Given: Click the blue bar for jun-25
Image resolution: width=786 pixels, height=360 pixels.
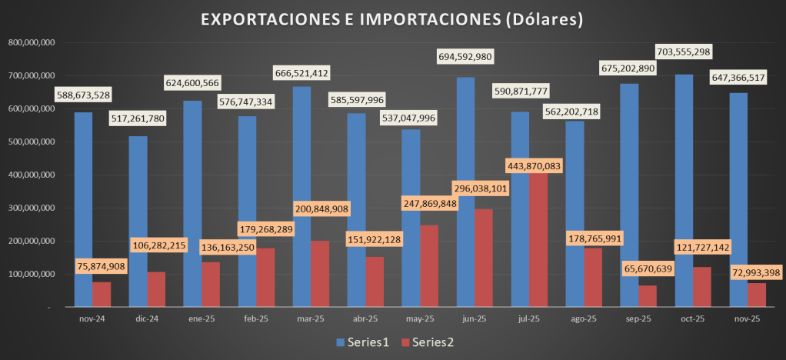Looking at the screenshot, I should [x=465, y=192].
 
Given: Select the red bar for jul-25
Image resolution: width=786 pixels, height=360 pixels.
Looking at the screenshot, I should [x=538, y=246].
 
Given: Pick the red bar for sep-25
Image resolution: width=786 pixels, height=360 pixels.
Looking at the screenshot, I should [x=648, y=297].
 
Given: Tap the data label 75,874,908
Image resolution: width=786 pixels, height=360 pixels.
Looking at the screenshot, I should [x=91, y=266].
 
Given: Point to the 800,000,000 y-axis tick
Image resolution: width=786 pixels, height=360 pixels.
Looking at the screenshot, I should [x=30, y=43].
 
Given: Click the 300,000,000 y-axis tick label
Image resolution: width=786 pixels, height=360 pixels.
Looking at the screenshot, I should [x=30, y=208].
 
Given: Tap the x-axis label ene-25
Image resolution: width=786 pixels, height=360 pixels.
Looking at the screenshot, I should [x=201, y=318].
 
